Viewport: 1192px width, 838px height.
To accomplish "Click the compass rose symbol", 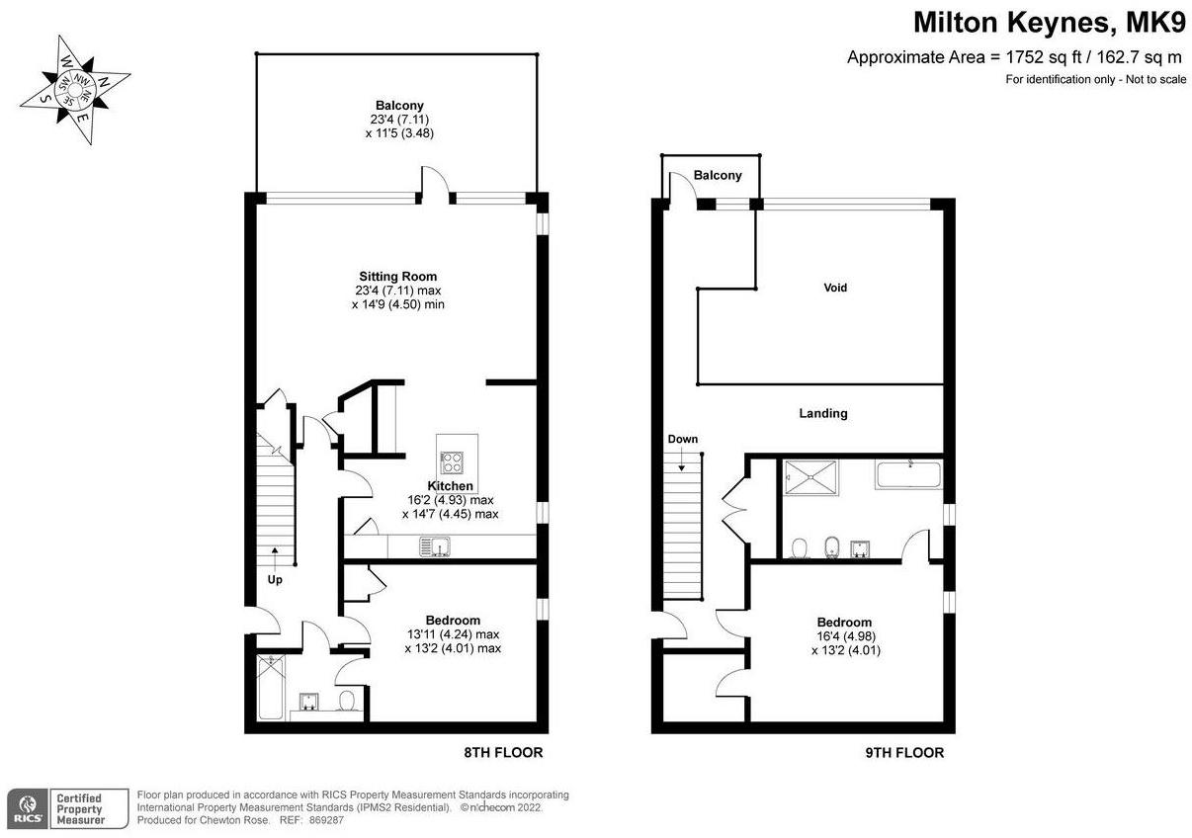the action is click(75, 89).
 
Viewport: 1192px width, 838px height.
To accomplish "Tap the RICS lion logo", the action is click(27, 808).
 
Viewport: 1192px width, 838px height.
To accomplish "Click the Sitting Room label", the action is click(397, 276).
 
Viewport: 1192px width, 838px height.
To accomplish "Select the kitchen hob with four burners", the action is click(452, 462).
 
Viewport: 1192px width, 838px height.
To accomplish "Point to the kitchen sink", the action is click(435, 546).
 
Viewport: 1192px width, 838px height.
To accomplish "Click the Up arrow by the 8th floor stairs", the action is click(275, 556).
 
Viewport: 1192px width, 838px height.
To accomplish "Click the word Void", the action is click(835, 288).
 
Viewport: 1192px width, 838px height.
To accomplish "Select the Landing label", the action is click(822, 413).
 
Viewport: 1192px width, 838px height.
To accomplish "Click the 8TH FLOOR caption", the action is click(503, 752).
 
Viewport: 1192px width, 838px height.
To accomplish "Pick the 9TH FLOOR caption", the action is click(904, 752).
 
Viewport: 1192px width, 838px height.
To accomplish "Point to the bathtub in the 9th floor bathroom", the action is click(907, 474).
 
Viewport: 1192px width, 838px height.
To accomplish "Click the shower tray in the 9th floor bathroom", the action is click(810, 477).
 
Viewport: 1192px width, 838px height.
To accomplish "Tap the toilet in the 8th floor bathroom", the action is click(347, 701).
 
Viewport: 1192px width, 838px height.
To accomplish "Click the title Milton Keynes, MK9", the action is click(1050, 23).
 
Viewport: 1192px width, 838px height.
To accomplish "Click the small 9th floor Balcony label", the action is click(718, 175).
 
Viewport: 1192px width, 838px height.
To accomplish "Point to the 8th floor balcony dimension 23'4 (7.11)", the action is click(399, 120).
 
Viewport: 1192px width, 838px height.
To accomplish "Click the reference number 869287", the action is click(326, 820).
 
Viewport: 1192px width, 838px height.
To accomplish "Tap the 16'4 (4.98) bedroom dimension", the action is click(846, 635).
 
